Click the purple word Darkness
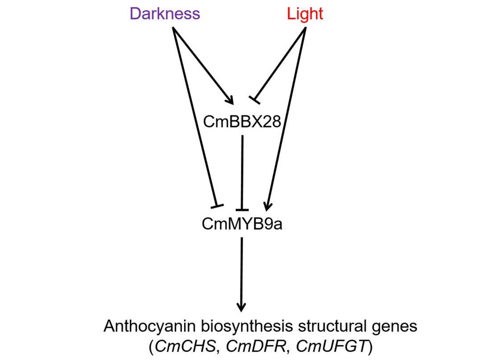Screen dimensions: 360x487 tap(165, 14)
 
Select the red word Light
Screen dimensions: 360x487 tap(305, 14)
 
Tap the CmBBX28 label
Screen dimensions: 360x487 tap(242, 121)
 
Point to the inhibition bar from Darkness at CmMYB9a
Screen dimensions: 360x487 tap(216, 205)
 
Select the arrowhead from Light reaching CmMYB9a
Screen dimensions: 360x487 tap(267, 206)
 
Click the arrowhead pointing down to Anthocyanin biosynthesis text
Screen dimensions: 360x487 tap(241, 307)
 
